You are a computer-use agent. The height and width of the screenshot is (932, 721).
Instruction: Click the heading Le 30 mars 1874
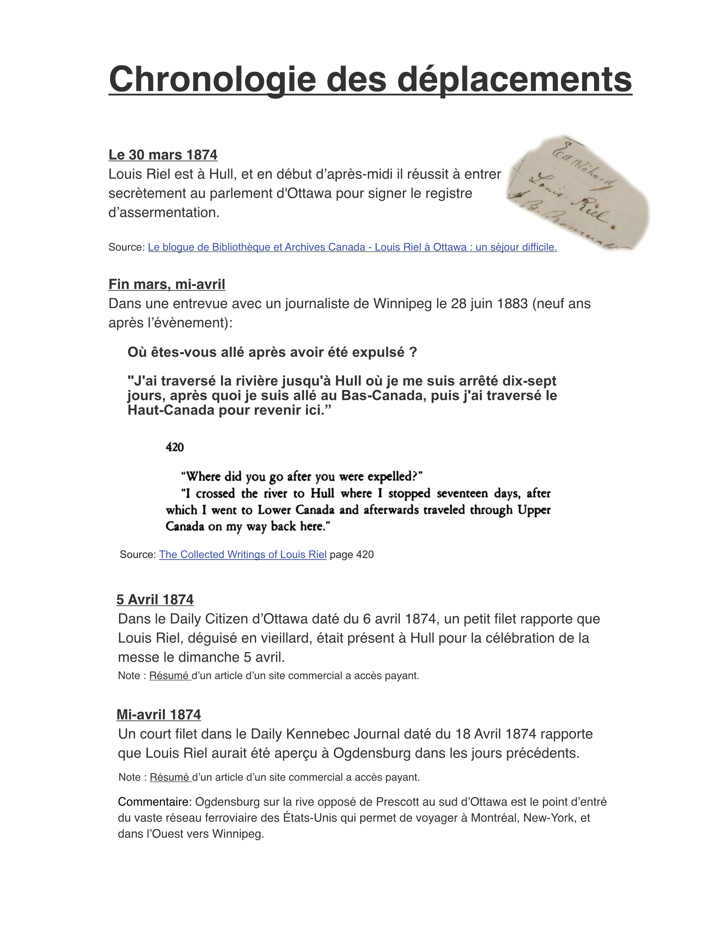pos(163,154)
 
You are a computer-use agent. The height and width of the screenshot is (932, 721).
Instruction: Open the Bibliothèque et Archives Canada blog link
pos(352,247)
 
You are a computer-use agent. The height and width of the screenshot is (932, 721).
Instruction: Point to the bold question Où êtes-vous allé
pos(272,352)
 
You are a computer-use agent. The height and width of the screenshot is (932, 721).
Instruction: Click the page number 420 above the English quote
pos(175,447)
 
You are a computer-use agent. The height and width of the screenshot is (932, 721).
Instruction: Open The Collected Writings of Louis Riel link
pos(243,554)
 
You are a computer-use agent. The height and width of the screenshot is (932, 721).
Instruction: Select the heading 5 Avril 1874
pos(155,600)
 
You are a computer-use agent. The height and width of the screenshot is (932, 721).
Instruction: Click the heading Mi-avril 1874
pos(158,715)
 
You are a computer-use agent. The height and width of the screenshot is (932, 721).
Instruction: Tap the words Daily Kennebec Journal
pos(327,734)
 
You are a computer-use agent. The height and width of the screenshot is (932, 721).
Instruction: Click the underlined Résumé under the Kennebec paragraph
pos(170,777)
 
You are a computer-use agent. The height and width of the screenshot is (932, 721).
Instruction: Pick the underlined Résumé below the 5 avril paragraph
pos(169,676)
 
